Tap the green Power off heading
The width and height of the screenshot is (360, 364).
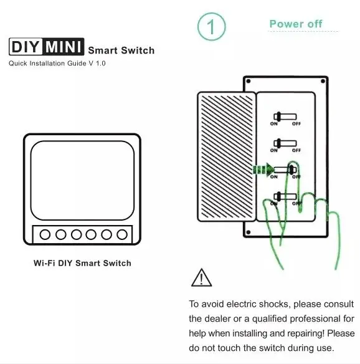pyautogui.click(x=296, y=24)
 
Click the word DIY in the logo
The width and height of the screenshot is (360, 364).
pyautogui.click(x=26, y=47)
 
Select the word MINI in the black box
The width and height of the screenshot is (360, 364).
pyautogui.click(x=64, y=47)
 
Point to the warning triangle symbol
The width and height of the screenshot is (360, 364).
pyautogui.click(x=201, y=277)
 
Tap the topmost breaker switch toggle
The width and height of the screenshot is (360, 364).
pyautogui.click(x=285, y=117)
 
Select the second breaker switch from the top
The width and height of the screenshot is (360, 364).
pyautogui.click(x=285, y=143)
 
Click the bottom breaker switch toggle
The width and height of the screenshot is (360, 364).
pyautogui.click(x=285, y=197)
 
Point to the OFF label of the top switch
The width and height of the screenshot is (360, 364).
pyautogui.click(x=296, y=124)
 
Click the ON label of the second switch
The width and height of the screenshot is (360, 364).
pyautogui.click(x=273, y=150)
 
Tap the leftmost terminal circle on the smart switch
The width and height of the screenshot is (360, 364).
pyautogui.click(x=45, y=234)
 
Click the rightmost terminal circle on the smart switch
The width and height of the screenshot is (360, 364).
pyautogui.click(x=122, y=234)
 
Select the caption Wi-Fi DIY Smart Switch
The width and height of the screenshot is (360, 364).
pyautogui.click(x=82, y=263)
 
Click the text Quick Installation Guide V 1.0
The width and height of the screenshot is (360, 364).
pyautogui.click(x=57, y=64)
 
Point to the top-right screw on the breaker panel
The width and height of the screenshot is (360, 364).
pyautogui.click(x=323, y=81)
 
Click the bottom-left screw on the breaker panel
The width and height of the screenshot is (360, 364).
pyautogui.click(x=249, y=232)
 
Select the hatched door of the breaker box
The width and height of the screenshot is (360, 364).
pyautogui.click(x=227, y=156)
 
